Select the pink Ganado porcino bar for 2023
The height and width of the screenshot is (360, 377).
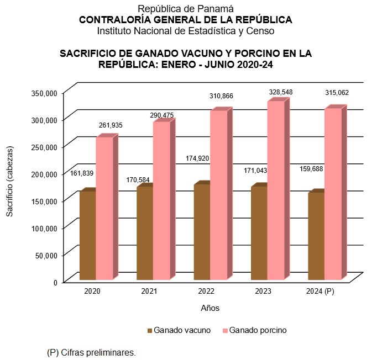coord(276,190)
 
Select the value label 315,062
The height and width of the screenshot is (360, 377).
coord(337,93)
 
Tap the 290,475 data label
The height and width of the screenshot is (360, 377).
coord(161,115)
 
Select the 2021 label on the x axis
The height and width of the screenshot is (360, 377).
coord(149,291)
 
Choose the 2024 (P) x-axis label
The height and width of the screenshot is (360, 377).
coord(321,291)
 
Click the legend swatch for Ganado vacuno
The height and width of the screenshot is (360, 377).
coord(149,331)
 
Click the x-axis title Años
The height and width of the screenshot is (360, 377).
coord(210,308)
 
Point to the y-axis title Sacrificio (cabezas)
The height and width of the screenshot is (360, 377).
coord(9,182)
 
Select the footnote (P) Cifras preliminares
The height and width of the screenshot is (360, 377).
coord(91,352)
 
